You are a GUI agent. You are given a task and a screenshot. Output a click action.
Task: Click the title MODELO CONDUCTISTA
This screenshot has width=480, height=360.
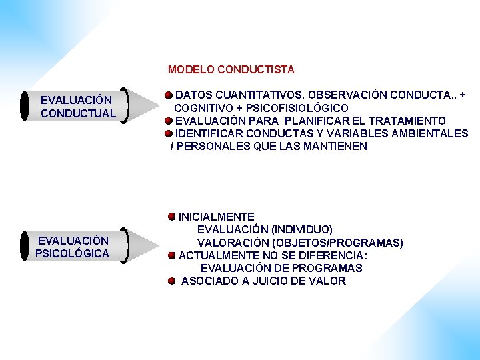tap(231, 69)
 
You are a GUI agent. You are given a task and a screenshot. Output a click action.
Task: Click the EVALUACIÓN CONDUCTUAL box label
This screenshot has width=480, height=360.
tap(78, 107)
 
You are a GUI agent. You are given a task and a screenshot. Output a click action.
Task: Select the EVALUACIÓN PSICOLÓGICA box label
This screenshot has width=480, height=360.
tap(73, 247)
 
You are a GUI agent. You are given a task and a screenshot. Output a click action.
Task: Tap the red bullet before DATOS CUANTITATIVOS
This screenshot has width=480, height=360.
tap(170, 95)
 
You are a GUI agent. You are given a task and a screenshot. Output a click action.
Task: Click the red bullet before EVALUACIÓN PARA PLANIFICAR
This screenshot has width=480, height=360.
tap(170, 121)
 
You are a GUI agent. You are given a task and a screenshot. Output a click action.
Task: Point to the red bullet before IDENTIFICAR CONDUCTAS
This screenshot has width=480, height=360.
tap(169, 133)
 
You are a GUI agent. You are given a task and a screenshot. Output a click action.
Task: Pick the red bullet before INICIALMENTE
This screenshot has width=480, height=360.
tap(172, 217)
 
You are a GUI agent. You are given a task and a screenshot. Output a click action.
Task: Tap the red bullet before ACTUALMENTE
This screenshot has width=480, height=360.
tap(172, 255)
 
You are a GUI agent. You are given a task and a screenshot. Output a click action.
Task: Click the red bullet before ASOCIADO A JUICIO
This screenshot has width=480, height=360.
tap(172, 281)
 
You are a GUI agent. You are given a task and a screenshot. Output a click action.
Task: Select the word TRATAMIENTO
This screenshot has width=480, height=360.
tap(409, 121)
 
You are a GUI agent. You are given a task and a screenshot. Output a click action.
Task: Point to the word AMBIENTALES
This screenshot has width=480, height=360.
tap(431, 133)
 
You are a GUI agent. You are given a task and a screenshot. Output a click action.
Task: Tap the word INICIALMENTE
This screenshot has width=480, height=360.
tap(216, 217)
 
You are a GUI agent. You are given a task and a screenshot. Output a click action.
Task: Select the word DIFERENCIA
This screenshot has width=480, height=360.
tap(329, 255)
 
